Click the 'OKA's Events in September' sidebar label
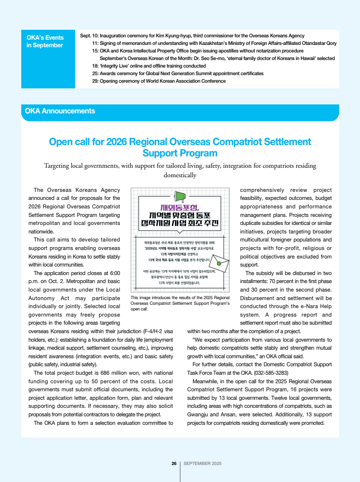[x=45, y=41]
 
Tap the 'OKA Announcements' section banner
[x=60, y=112]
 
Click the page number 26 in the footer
[x=173, y=463]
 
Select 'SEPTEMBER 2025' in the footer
[x=202, y=463]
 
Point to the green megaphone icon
[x=180, y=196]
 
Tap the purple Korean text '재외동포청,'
[x=180, y=207]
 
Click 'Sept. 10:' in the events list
[x=89, y=36]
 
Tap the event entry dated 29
[x=159, y=81]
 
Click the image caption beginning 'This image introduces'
[x=180, y=303]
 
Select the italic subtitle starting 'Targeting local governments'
[x=180, y=170]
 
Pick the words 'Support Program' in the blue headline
[x=180, y=153]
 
